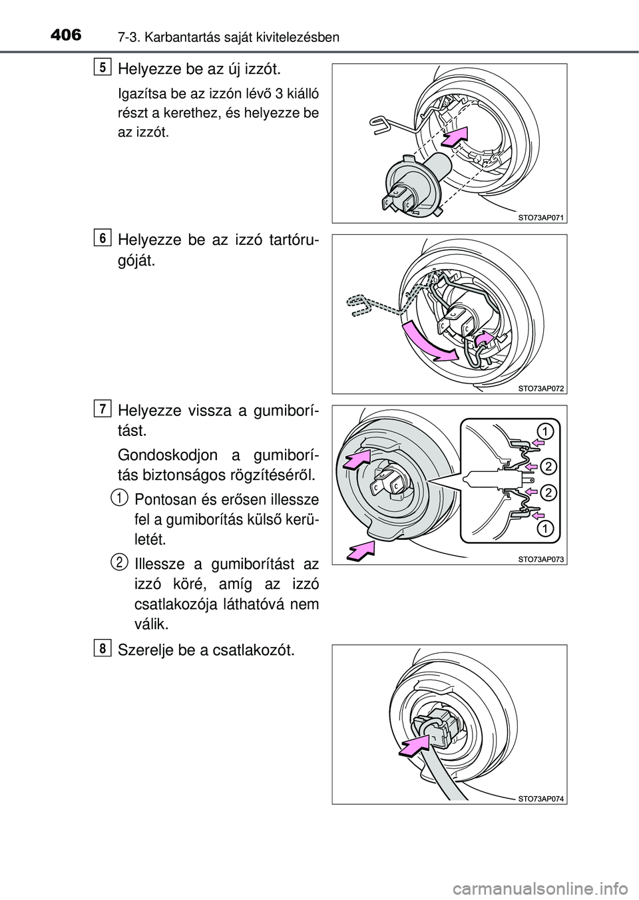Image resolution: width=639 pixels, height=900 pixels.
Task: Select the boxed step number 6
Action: click(103, 238)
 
